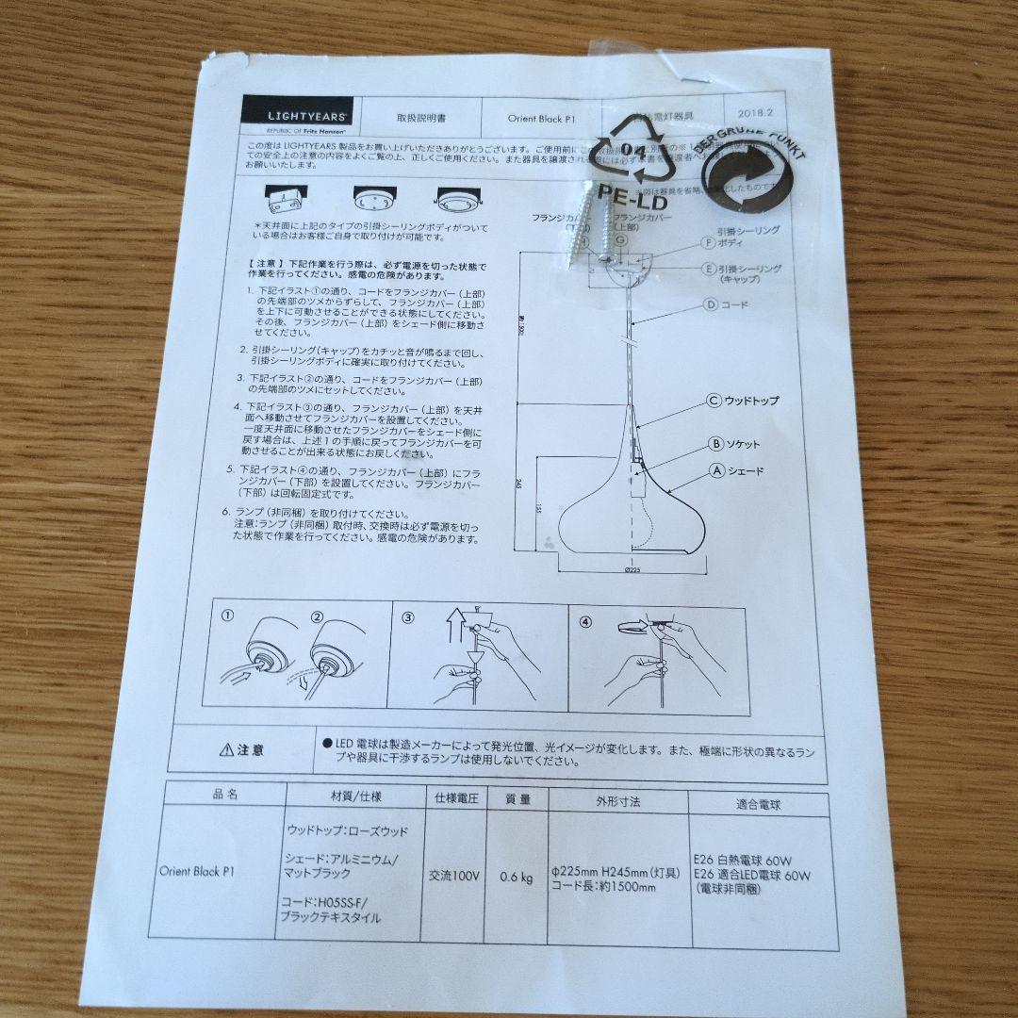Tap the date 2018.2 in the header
click(x=755, y=112)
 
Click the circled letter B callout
click(x=716, y=443)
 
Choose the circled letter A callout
click(x=716, y=469)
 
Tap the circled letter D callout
click(x=712, y=304)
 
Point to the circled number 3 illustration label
click(x=407, y=619)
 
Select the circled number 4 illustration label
click(x=585, y=621)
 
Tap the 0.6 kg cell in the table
click(x=516, y=878)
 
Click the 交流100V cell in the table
click(x=455, y=876)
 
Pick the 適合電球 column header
click(x=758, y=804)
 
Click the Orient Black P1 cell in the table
click(x=189, y=871)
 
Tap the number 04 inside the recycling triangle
click(x=634, y=151)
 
